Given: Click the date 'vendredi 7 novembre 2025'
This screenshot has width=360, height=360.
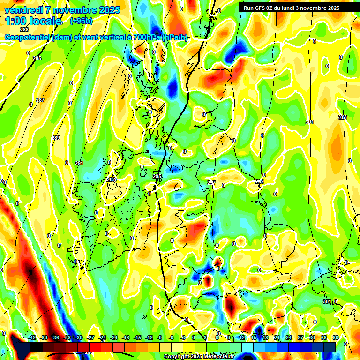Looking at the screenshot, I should (x=62, y=10).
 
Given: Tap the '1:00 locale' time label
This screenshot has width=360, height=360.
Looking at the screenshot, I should (x=34, y=21).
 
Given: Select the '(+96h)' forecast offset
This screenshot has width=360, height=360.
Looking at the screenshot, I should (x=81, y=21).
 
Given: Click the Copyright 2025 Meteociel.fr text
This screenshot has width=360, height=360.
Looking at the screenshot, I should (x=199, y=356).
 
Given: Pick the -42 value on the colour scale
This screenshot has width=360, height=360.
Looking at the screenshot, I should (x=32, y=337).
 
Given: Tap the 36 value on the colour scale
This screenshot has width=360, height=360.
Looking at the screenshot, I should (x=336, y=337).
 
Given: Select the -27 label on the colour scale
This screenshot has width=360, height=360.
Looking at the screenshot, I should (x=90, y=337).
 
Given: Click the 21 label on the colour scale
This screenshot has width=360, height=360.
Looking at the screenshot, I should (x=277, y=337).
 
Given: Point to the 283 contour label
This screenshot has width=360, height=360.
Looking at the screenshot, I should (x=24, y=30).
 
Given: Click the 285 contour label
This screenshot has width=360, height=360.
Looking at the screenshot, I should (x=37, y=58).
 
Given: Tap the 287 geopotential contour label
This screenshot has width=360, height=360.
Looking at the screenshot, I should (x=40, y=100).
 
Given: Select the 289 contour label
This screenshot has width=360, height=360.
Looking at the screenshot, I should (x=56, y=138).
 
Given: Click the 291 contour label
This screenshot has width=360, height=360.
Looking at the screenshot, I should (x=79, y=163).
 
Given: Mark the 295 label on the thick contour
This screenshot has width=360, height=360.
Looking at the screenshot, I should (x=157, y=176).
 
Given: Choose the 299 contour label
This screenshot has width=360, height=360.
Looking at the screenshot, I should (x=260, y=181).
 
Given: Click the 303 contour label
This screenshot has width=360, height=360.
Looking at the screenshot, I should (x=342, y=117).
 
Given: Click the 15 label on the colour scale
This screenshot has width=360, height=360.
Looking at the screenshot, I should (x=254, y=337).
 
